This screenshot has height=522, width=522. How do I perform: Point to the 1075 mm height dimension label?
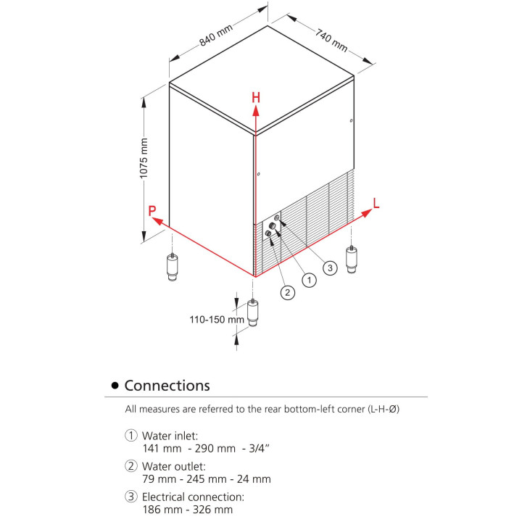tap(144, 159)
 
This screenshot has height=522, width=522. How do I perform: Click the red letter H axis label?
tap(255, 97)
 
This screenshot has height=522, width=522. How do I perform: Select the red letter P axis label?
tap(152, 211)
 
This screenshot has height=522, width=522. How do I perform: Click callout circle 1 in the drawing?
tap(309, 279)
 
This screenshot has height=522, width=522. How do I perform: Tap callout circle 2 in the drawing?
tap(288, 292)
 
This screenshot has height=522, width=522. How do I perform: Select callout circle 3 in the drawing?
tap(329, 268)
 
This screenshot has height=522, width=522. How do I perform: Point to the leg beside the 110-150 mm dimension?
tap(253, 312)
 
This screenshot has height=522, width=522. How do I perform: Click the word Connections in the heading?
tap(167, 386)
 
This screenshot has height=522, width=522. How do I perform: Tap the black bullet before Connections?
tap(114, 386)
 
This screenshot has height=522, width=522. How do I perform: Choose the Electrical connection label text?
tap(193, 497)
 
